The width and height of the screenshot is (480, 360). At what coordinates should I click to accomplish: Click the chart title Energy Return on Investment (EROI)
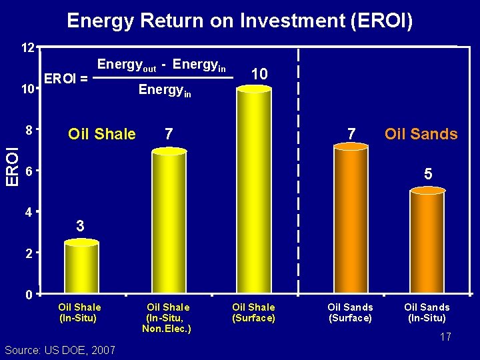coord(240,21)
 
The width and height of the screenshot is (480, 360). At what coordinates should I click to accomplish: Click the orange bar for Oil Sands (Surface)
coord(351,220)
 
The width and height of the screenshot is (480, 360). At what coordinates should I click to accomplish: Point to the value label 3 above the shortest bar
coord(80,227)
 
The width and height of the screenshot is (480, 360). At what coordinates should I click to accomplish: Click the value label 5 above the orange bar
coord(428,174)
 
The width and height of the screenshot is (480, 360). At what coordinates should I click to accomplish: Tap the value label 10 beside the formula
coord(259,74)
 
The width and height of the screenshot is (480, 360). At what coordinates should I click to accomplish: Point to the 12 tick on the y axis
coord(27,49)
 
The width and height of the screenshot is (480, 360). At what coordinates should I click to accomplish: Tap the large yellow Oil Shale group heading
coord(102,135)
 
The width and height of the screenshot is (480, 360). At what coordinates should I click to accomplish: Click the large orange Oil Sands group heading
coord(421,135)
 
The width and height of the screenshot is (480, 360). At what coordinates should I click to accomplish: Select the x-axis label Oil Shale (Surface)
coord(253,313)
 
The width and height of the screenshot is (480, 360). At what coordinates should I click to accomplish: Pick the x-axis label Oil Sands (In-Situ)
coord(427,313)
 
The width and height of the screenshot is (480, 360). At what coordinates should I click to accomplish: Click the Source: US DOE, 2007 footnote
coord(59,350)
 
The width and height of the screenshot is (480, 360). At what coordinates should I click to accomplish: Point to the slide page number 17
coord(445,337)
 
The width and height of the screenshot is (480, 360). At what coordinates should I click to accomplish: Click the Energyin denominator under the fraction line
coord(164,90)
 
